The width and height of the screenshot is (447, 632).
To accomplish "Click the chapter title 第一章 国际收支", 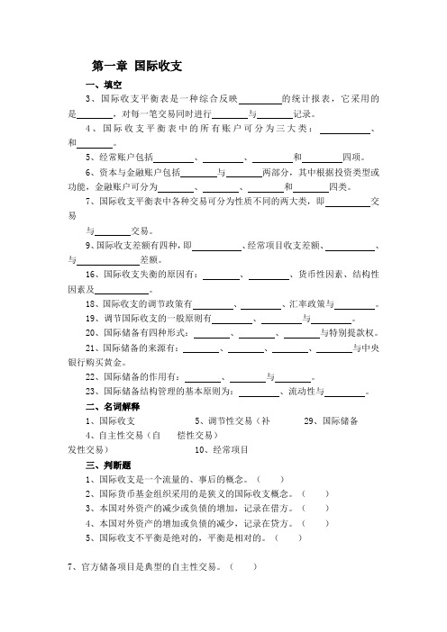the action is [x=138, y=66].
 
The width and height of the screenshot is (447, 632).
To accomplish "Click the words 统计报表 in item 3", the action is [x=303, y=99].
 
